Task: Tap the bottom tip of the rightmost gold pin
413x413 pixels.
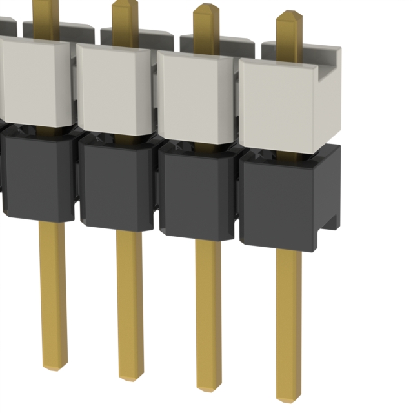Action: point(288,395)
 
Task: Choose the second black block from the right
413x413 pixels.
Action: point(196,194)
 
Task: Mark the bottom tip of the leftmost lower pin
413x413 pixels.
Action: point(54,367)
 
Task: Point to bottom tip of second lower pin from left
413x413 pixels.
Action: point(130,376)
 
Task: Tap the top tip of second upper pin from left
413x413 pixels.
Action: point(125,5)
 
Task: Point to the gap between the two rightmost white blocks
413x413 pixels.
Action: point(237,97)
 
